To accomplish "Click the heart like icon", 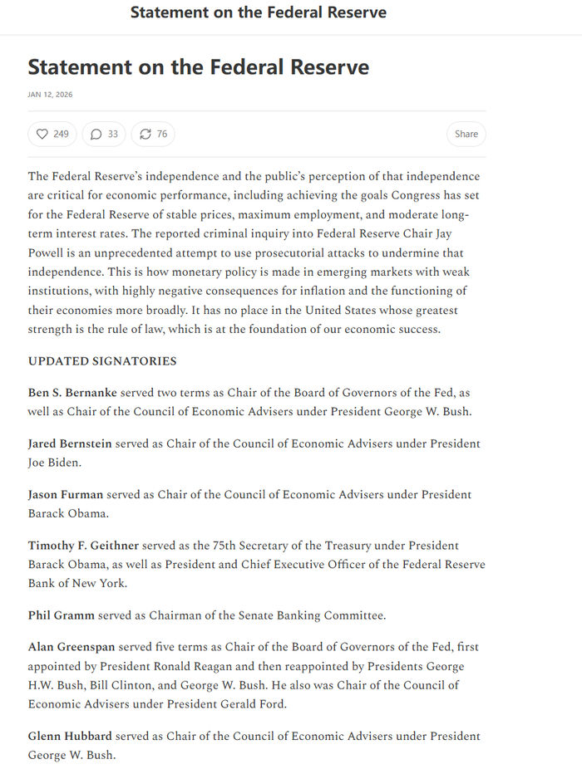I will tap(42, 134).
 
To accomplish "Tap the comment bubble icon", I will tap(96, 134).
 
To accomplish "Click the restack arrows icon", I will tap(145, 134).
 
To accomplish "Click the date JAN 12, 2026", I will tap(50, 95).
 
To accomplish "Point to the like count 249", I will tap(62, 134).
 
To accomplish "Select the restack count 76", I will tap(162, 134).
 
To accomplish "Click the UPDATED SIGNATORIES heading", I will tap(102, 361).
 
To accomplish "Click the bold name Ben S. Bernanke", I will tap(72, 392).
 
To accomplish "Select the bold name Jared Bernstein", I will tap(70, 443).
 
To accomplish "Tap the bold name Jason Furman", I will tap(66, 494).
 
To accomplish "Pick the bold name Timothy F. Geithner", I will tap(82, 546).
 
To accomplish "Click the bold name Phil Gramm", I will tap(62, 615).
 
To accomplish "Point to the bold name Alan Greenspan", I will tap(72, 647).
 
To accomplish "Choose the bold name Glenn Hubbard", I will tap(70, 737).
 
